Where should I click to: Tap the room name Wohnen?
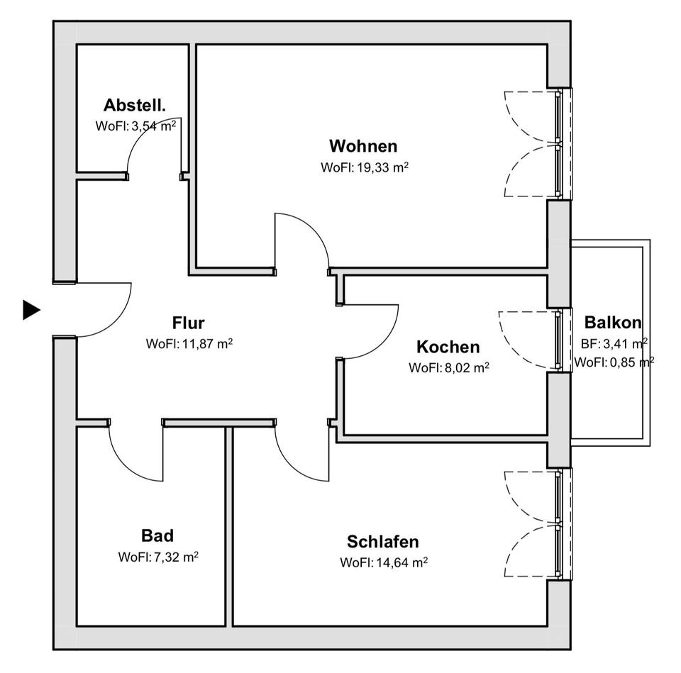click(x=363, y=146)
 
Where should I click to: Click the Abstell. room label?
click(x=135, y=106)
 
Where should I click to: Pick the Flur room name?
click(x=188, y=323)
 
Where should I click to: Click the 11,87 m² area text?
click(x=206, y=345)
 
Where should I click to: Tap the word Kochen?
click(x=448, y=347)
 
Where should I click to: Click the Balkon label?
click(x=613, y=323)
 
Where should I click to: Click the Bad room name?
click(x=157, y=535)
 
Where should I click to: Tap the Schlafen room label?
click(x=382, y=542)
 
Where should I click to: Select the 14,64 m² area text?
click(x=400, y=563)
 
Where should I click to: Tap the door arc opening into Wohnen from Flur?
click(x=312, y=227)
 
